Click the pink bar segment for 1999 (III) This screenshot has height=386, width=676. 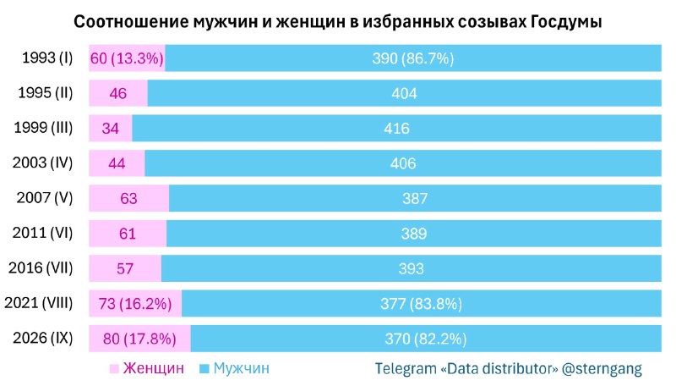point(111,128)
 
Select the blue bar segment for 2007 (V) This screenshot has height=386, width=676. point(415,198)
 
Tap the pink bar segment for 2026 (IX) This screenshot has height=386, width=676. point(139,339)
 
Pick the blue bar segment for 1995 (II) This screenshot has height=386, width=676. point(405,93)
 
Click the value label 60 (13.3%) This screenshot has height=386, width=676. point(127,58)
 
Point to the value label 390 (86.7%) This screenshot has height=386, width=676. point(413,58)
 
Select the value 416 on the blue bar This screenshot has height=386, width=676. point(396,128)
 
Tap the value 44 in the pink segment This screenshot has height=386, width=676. point(117,163)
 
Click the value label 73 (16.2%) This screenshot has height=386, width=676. point(135,304)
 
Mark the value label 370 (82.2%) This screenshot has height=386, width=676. point(426,339)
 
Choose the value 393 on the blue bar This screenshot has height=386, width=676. point(412,268)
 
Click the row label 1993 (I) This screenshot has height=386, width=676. point(47,58)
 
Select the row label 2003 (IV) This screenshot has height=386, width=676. point(43,163)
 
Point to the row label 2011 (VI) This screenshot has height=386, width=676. point(43,233)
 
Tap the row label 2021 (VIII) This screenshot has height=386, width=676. point(39,303)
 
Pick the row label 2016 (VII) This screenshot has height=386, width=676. point(41,267)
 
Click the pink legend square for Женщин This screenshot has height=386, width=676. point(114,369)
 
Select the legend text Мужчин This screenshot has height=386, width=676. point(242,368)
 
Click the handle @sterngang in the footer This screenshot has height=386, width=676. point(602,369)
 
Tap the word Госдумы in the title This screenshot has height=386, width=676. point(565,22)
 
